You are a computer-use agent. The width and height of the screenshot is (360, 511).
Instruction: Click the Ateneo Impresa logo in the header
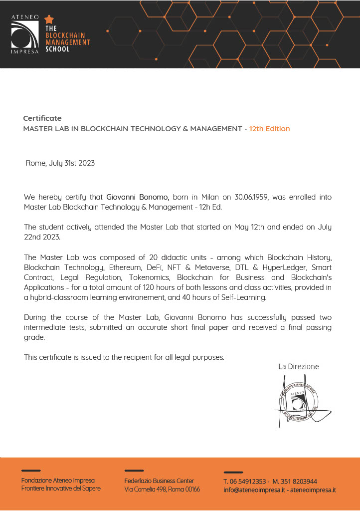point(25,34)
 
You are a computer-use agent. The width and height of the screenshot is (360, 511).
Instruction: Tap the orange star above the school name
point(49,19)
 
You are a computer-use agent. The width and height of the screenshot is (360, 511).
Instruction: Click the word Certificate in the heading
point(42,118)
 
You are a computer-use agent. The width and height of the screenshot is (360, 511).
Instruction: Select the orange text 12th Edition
point(269,129)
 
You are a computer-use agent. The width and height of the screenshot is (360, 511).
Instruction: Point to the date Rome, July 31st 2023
point(60,163)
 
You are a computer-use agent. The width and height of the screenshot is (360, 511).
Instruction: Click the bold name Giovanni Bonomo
point(138,197)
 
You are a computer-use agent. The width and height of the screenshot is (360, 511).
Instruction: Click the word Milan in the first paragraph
point(210,197)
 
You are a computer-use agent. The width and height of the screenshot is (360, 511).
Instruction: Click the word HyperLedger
point(283,267)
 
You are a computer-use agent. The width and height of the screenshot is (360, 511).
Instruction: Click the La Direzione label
point(298,367)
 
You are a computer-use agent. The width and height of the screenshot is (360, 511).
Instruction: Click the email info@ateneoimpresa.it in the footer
point(254,490)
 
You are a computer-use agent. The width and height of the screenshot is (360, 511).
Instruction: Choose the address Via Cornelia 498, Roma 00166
point(162,490)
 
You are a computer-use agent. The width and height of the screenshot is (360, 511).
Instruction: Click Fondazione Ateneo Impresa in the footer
point(58,480)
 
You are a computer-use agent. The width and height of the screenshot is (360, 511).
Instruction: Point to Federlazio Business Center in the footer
point(159,481)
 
